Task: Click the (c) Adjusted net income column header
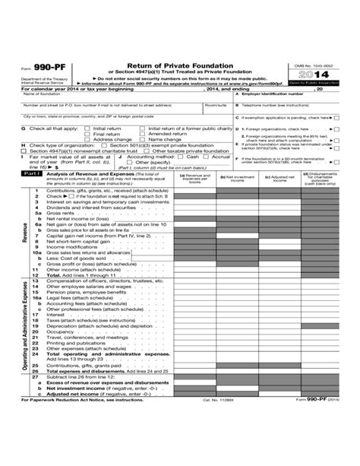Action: [x=277, y=177]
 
